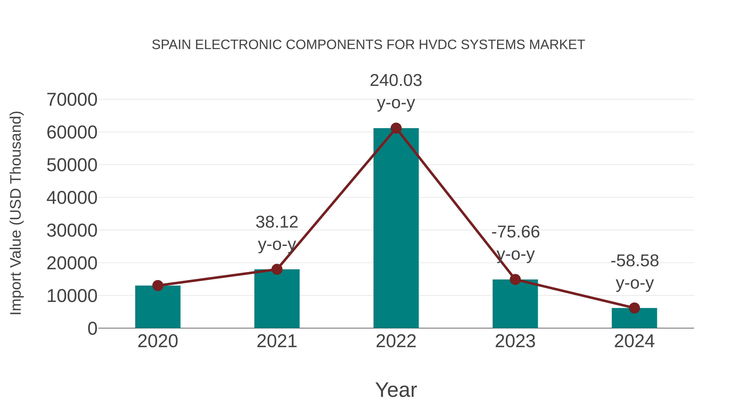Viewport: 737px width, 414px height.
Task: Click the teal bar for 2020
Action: click(x=158, y=307)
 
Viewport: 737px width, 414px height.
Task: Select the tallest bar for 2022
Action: click(x=396, y=229)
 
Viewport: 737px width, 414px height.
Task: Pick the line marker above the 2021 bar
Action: click(x=277, y=269)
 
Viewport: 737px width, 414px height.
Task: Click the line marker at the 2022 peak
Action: click(x=396, y=128)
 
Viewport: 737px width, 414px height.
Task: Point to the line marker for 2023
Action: click(x=515, y=279)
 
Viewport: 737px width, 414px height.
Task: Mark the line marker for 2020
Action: click(x=158, y=285)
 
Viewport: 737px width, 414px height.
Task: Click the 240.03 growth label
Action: click(x=396, y=81)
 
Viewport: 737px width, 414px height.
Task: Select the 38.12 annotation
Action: click(x=277, y=222)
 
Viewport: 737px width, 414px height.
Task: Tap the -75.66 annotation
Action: click(x=515, y=232)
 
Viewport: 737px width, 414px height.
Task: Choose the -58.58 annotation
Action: click(x=635, y=261)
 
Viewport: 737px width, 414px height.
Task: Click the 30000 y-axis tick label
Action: click(x=72, y=231)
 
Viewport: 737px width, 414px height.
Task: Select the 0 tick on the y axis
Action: click(x=92, y=329)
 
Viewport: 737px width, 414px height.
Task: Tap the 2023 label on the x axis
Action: click(x=515, y=341)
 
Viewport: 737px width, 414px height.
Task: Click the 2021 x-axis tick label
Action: click(x=277, y=341)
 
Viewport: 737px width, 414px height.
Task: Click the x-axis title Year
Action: click(x=396, y=390)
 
